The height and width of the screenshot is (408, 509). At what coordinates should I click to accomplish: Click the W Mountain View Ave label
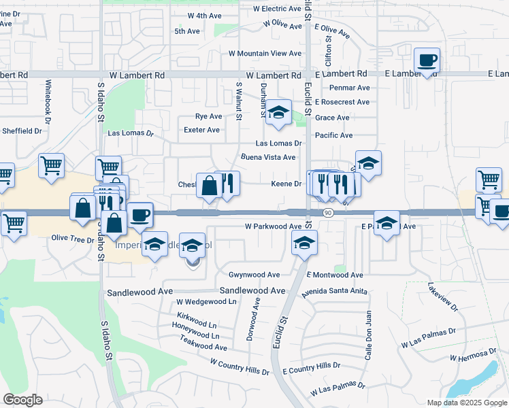click(x=265, y=53)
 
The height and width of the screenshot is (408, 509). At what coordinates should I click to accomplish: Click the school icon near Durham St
click(x=278, y=113)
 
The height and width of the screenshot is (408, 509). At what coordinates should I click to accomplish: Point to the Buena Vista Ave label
click(x=268, y=157)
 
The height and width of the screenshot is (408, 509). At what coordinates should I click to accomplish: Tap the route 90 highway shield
click(x=328, y=213)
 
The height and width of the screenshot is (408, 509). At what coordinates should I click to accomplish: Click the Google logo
click(x=22, y=400)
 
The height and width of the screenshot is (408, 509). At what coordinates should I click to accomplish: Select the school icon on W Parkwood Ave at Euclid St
click(x=304, y=242)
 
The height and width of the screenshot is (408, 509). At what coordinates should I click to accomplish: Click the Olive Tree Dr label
click(x=72, y=239)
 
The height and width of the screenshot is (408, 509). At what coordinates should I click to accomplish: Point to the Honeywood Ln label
click(x=196, y=336)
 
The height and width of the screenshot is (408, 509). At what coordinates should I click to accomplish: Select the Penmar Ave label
click(x=349, y=88)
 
